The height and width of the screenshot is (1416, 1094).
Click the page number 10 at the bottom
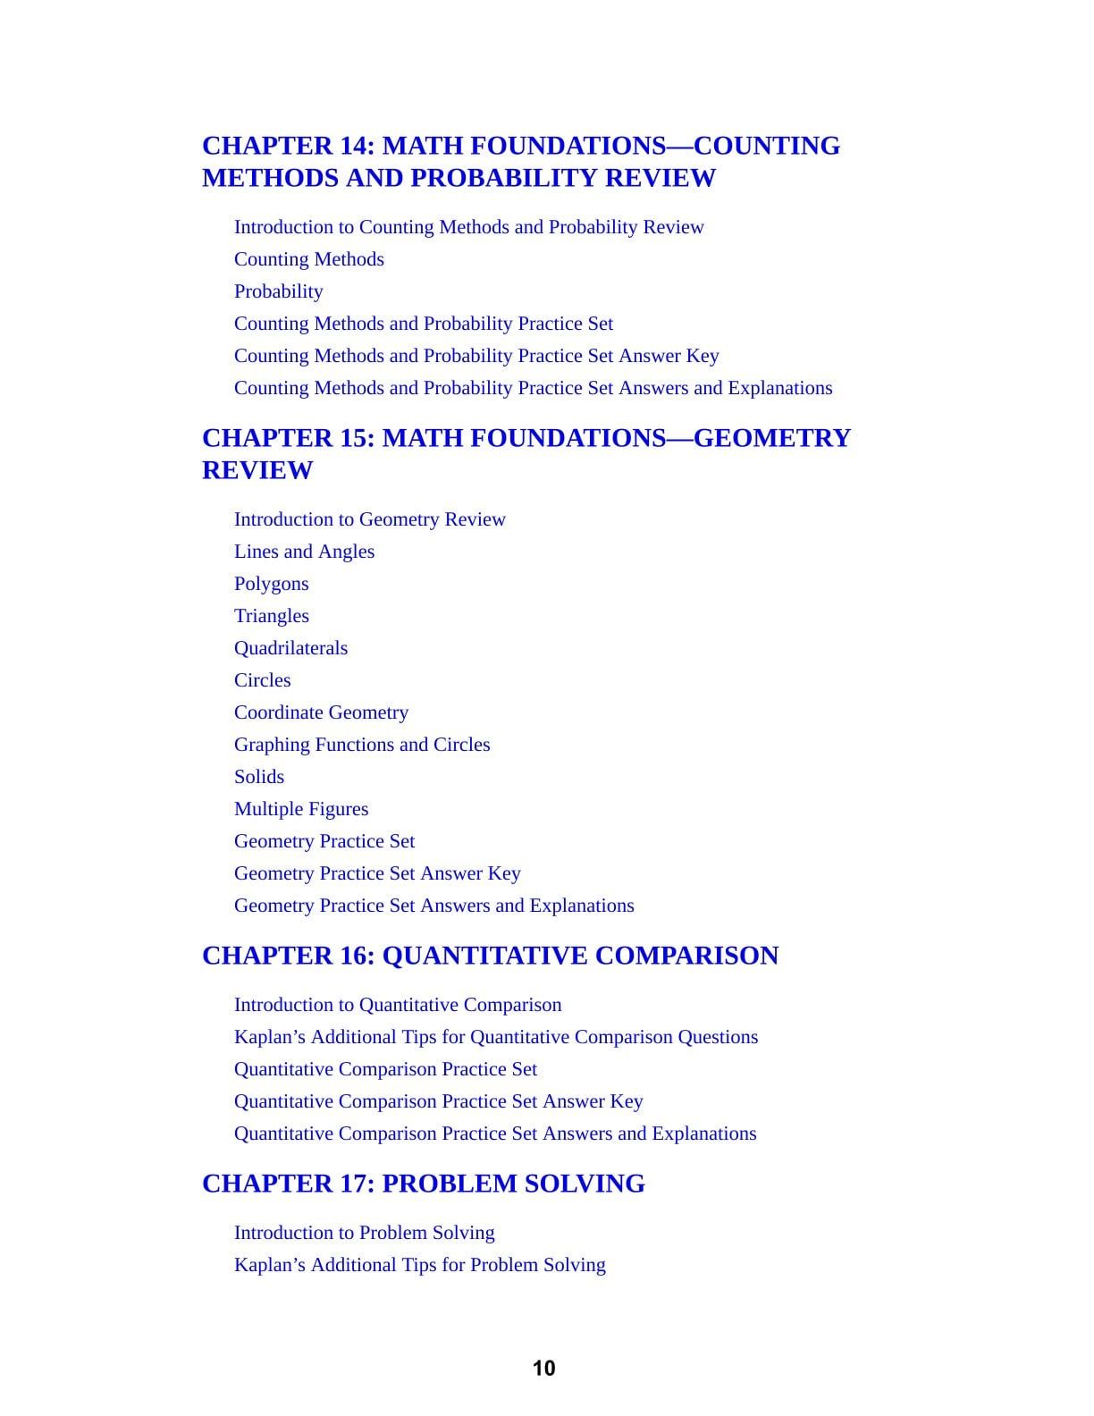pos(543,1369)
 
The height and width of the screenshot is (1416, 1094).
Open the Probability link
pos(278,291)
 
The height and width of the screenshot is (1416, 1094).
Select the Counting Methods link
pos(308,259)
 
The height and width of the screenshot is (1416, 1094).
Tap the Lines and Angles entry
pos(304,552)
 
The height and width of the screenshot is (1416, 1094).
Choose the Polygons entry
pos(271,584)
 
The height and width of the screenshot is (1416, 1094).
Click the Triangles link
pos(271,616)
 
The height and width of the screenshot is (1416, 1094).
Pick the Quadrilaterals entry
pos(290,648)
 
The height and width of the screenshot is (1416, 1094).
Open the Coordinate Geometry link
pos(321,712)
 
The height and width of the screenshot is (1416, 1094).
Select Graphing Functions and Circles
pos(362,745)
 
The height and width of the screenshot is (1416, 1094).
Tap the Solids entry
pos(259,777)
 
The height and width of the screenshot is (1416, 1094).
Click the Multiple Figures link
pos(301,809)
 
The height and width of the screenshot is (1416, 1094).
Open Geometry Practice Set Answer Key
pos(377,873)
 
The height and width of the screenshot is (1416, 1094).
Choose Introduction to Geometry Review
pos(369,519)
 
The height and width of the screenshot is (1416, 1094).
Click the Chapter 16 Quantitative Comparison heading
pos(490,956)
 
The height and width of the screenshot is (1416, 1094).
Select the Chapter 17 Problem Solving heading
pos(423,1184)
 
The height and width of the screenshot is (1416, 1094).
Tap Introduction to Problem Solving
pos(364,1233)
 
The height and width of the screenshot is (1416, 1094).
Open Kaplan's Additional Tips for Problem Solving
pos(419,1265)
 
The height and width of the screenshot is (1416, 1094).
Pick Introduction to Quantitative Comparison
pos(398,1005)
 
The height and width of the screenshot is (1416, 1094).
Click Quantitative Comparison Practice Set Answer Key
pos(438,1101)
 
